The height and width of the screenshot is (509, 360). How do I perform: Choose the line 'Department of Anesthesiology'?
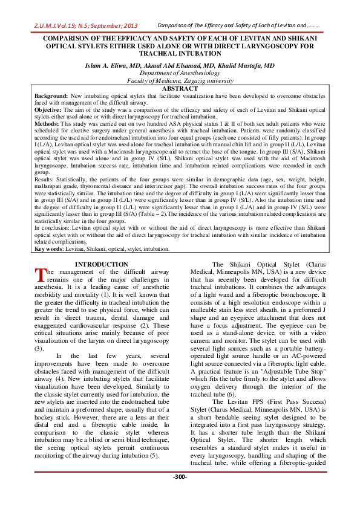(x=180, y=72)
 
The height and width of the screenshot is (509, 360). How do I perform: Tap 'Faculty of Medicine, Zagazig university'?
(x=180, y=80)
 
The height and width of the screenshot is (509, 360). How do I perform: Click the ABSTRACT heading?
(x=180, y=88)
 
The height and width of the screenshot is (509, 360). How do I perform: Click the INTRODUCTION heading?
(x=100, y=264)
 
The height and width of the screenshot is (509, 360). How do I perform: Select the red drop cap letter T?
(x=39, y=275)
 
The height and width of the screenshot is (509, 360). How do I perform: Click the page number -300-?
(x=180, y=493)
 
